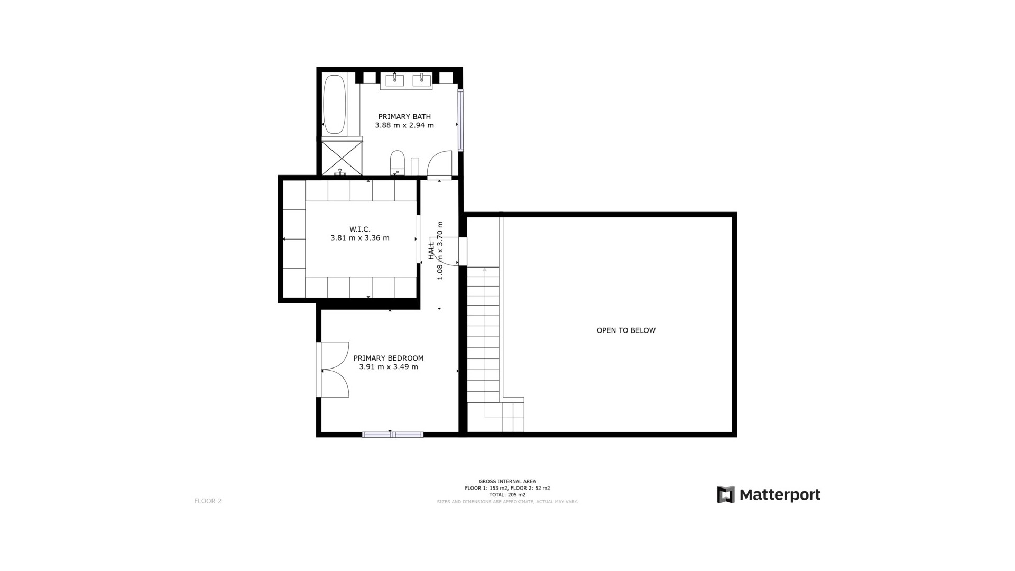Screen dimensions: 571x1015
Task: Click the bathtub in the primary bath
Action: click(334, 104)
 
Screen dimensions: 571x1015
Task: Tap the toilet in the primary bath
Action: click(397, 162)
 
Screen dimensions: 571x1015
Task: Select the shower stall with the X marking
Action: click(342, 157)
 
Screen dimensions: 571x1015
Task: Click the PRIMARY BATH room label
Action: click(404, 116)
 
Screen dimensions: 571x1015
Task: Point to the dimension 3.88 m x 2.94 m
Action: click(404, 125)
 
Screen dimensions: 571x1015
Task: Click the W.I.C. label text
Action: click(359, 229)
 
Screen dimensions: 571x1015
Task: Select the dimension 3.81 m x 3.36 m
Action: click(359, 238)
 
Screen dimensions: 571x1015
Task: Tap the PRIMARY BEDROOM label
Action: click(388, 358)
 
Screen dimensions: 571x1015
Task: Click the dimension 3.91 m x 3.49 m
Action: click(388, 367)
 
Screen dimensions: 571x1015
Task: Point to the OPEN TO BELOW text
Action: click(626, 330)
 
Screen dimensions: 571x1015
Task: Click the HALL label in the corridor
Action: click(431, 251)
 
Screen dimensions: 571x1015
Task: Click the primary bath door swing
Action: click(439, 163)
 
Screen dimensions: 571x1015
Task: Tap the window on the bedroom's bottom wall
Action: click(392, 435)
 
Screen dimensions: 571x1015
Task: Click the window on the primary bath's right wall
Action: click(460, 120)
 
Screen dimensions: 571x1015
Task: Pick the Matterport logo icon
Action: click(725, 495)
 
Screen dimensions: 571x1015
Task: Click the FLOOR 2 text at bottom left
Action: click(208, 501)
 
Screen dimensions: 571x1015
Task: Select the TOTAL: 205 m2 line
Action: click(507, 495)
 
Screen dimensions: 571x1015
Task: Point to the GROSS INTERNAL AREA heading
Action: click(507, 481)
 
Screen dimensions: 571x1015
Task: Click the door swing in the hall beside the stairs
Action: click(449, 251)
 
